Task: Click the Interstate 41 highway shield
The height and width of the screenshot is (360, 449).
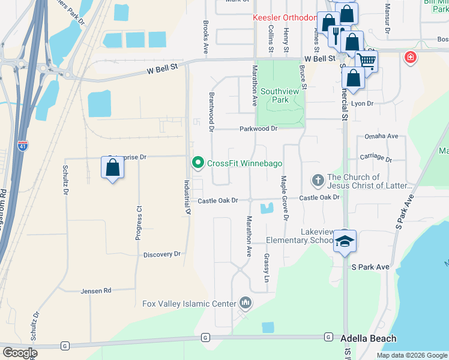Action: pos(22,146)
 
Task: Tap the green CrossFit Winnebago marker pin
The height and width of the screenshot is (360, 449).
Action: pos(197,163)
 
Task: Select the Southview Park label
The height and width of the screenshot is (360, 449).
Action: pos(280,96)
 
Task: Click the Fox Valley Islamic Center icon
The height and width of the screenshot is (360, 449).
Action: pos(244,304)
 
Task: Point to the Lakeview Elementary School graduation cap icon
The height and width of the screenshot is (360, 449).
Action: pos(345,241)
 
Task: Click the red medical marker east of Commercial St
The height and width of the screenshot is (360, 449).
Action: pos(410,58)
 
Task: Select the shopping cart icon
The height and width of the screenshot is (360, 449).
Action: pos(366,61)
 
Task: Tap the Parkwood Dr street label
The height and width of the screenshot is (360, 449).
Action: pos(258,128)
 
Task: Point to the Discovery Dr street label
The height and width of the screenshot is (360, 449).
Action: pos(161,254)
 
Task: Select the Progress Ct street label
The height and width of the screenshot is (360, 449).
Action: pos(139,224)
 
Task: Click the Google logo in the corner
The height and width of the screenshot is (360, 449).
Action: pos(20,353)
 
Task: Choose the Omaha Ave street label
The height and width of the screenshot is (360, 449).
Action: pos(381,137)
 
